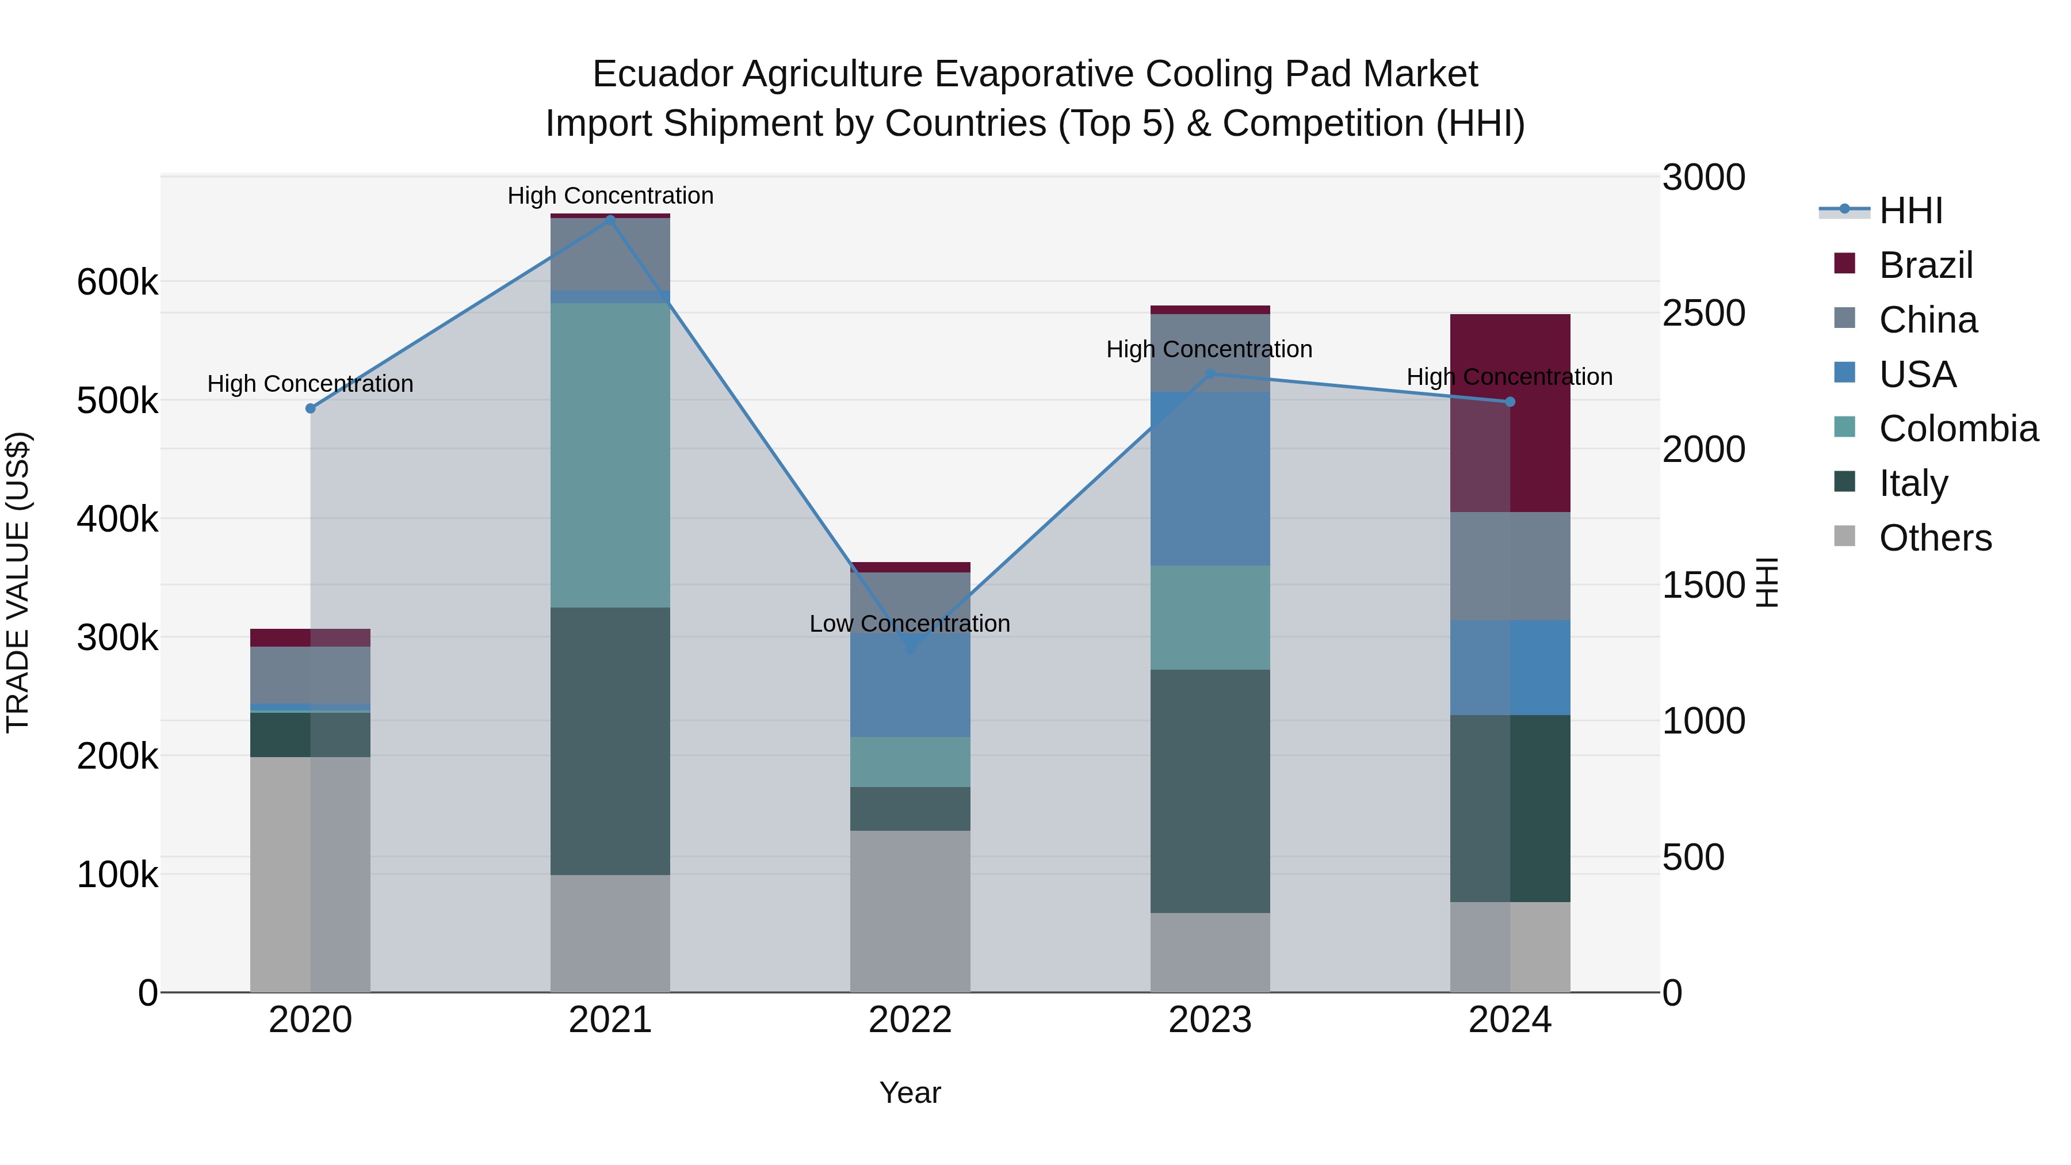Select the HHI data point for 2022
coord(910,648)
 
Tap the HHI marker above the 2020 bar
coord(310,408)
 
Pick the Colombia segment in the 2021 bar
coord(610,455)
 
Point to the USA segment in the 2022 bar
coord(910,685)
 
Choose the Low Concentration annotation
coord(910,624)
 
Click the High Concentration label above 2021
coord(610,196)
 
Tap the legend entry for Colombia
coord(1958,429)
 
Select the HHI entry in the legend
coord(1910,211)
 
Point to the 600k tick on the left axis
coord(117,282)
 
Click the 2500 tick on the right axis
coord(1703,313)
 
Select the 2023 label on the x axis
coord(1210,1020)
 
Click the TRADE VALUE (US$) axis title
coord(18,582)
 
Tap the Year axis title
coord(910,1093)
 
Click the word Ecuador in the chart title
coord(661,74)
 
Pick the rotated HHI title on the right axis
coord(1766,582)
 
